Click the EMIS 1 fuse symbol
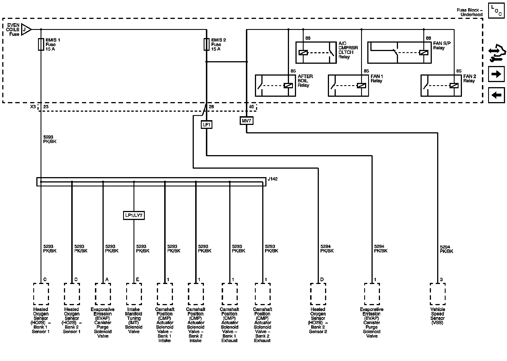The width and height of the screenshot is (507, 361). coord(41,45)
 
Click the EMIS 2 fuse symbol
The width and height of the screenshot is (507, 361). coord(206,45)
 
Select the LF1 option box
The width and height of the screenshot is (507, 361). coord(206,124)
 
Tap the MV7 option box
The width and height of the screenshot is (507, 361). coord(246,121)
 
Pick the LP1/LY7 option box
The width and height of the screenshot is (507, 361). coord(134,215)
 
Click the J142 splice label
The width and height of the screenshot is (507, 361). coord(272,179)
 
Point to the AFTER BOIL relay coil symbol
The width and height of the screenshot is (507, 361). coord(288,85)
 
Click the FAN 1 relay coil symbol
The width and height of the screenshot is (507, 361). coord(361,85)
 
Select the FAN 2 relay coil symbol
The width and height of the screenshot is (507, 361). coord(454,85)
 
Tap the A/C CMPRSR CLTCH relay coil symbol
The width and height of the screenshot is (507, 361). coord(303,52)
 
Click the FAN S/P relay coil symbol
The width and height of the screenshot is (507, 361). coord(424,52)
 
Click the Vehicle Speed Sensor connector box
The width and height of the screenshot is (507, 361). coord(438,294)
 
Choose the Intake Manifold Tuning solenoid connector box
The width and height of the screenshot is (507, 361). coord(134,294)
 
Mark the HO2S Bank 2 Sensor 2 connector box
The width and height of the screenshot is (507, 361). coord(318,294)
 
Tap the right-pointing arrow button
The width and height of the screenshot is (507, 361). coord(496,74)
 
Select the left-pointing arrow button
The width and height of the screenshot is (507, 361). coord(496,95)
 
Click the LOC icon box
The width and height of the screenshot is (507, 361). coord(496,11)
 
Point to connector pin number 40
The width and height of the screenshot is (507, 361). coord(251,107)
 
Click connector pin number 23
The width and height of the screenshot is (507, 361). coord(46,107)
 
